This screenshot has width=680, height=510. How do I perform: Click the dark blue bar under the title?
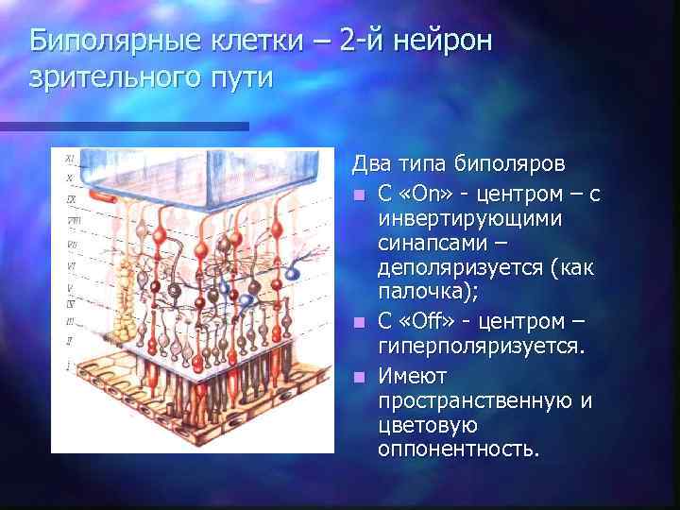pos(124,126)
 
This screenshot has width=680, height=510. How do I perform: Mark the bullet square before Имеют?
pos(359,376)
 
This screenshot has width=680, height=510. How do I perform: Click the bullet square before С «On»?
pos(359,195)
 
